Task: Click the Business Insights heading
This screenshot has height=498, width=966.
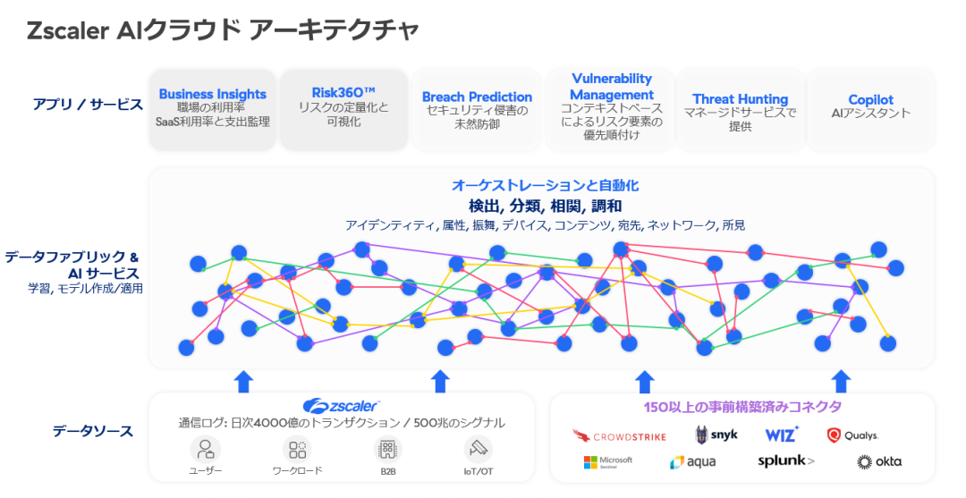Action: pyautogui.click(x=213, y=94)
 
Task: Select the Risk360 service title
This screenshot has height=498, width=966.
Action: pyautogui.click(x=343, y=92)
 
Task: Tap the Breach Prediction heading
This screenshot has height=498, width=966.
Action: pyautogui.click(x=477, y=97)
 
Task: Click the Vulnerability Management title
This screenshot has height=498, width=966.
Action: pyautogui.click(x=612, y=87)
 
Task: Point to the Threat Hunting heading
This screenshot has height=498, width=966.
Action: pyautogui.click(x=740, y=99)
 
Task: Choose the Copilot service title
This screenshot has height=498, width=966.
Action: pyautogui.click(x=870, y=99)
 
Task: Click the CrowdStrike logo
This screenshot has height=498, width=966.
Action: pyautogui.click(x=619, y=435)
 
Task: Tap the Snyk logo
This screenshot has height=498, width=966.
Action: pyautogui.click(x=716, y=435)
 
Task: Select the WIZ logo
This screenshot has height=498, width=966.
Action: pyautogui.click(x=782, y=435)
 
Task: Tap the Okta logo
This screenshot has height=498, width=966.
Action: pyautogui.click(x=878, y=461)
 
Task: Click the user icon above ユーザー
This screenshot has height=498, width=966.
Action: pyautogui.click(x=206, y=449)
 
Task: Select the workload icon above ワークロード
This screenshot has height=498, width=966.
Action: pyautogui.click(x=296, y=449)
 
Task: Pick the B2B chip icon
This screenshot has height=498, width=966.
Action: pyautogui.click(x=387, y=449)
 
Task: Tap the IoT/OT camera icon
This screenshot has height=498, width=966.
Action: pyautogui.click(x=479, y=449)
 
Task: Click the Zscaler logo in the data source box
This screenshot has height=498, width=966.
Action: pyautogui.click(x=342, y=406)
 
